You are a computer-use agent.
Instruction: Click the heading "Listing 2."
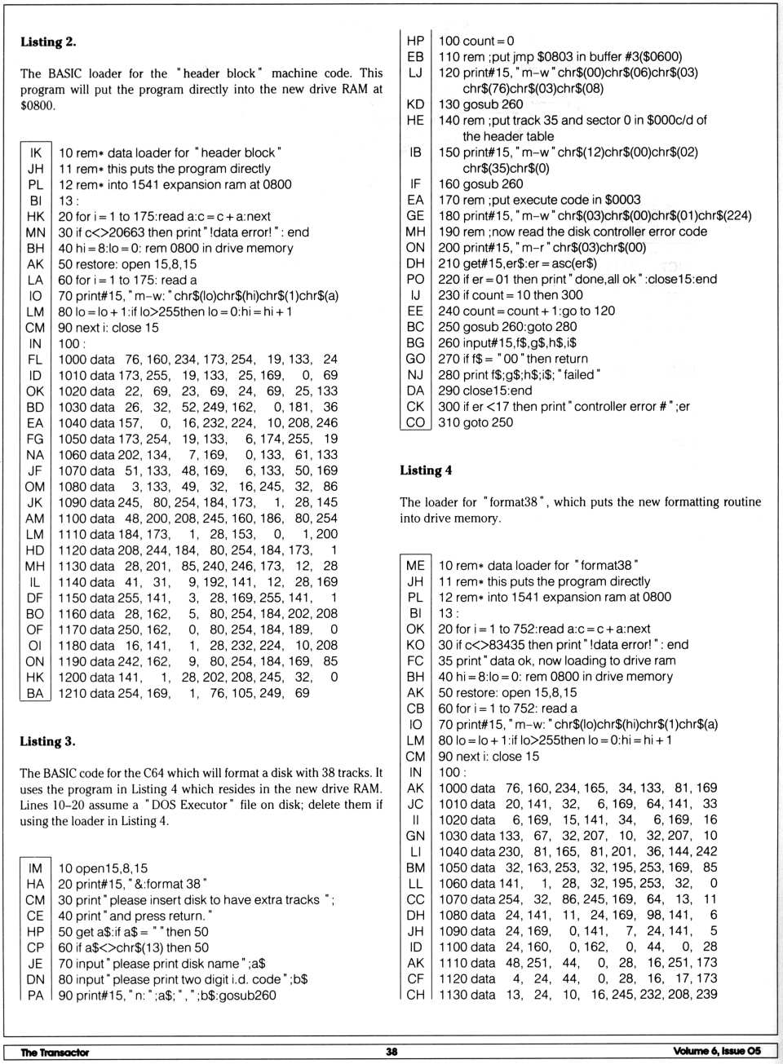point(48,42)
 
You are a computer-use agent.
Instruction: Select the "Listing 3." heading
point(48,741)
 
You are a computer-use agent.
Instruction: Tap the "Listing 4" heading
point(426,470)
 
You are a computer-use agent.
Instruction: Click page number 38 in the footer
point(391,1051)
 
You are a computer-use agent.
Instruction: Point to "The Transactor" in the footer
point(55,1052)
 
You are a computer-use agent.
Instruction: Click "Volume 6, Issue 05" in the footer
point(717,1051)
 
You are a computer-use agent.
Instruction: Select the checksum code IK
point(36,152)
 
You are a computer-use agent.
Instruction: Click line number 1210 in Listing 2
point(72,693)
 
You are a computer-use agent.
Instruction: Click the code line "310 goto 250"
point(476,422)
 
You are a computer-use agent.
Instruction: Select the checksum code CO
point(415,422)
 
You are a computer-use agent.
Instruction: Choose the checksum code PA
point(35,995)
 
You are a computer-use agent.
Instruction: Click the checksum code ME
point(415,565)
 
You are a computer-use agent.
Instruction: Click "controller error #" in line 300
point(628,406)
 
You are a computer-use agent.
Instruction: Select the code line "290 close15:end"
point(484,391)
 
